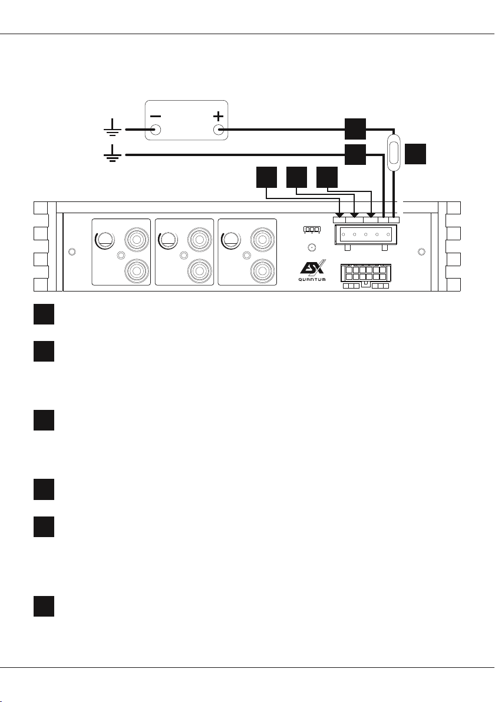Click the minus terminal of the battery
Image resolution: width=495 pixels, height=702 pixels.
(x=156, y=130)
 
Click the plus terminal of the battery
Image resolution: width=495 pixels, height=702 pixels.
(x=219, y=130)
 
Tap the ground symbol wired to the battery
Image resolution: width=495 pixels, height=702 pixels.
(x=112, y=128)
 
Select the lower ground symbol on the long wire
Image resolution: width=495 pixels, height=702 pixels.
(x=112, y=153)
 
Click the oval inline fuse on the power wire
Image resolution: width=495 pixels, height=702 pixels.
(x=394, y=152)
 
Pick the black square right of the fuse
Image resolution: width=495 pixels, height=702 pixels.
(x=415, y=154)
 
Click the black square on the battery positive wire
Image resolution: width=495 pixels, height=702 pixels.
(x=355, y=129)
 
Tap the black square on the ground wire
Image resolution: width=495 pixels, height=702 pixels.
(x=355, y=154)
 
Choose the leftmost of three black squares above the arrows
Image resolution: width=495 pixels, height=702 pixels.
(x=266, y=177)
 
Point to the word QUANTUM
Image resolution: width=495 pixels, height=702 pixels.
(x=312, y=280)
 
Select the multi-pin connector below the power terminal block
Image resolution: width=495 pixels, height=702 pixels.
(x=366, y=276)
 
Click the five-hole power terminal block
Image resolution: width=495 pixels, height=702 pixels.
(x=365, y=234)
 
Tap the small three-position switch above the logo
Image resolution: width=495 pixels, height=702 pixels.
(x=312, y=229)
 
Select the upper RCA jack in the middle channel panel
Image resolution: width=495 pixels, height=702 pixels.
(x=200, y=239)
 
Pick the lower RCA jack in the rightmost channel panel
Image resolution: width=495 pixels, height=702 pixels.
(x=262, y=271)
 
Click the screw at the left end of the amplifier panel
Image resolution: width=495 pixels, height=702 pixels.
(x=71, y=252)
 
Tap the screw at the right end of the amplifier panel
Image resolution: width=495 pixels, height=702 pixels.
(x=421, y=252)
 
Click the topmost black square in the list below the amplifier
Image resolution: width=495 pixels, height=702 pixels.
(x=44, y=314)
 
